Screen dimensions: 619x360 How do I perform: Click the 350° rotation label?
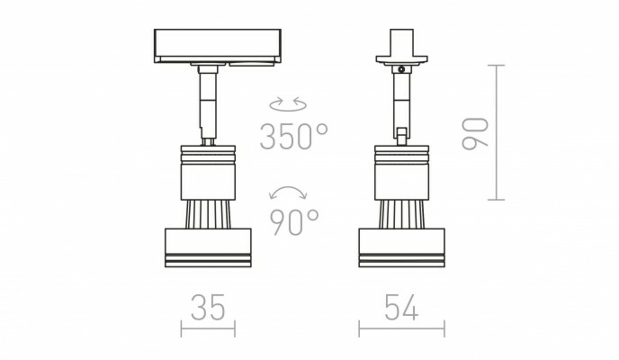click(x=294, y=137)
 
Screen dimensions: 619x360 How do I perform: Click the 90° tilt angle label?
click(x=294, y=222)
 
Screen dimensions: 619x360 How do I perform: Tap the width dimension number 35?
click(x=208, y=307)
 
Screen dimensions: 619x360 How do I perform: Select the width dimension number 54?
click(x=402, y=307)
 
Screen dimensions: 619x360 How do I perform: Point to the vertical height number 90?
click(x=475, y=134)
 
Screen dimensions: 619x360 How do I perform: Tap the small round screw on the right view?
click(x=401, y=69)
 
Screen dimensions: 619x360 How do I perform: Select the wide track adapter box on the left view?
click(x=218, y=46)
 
